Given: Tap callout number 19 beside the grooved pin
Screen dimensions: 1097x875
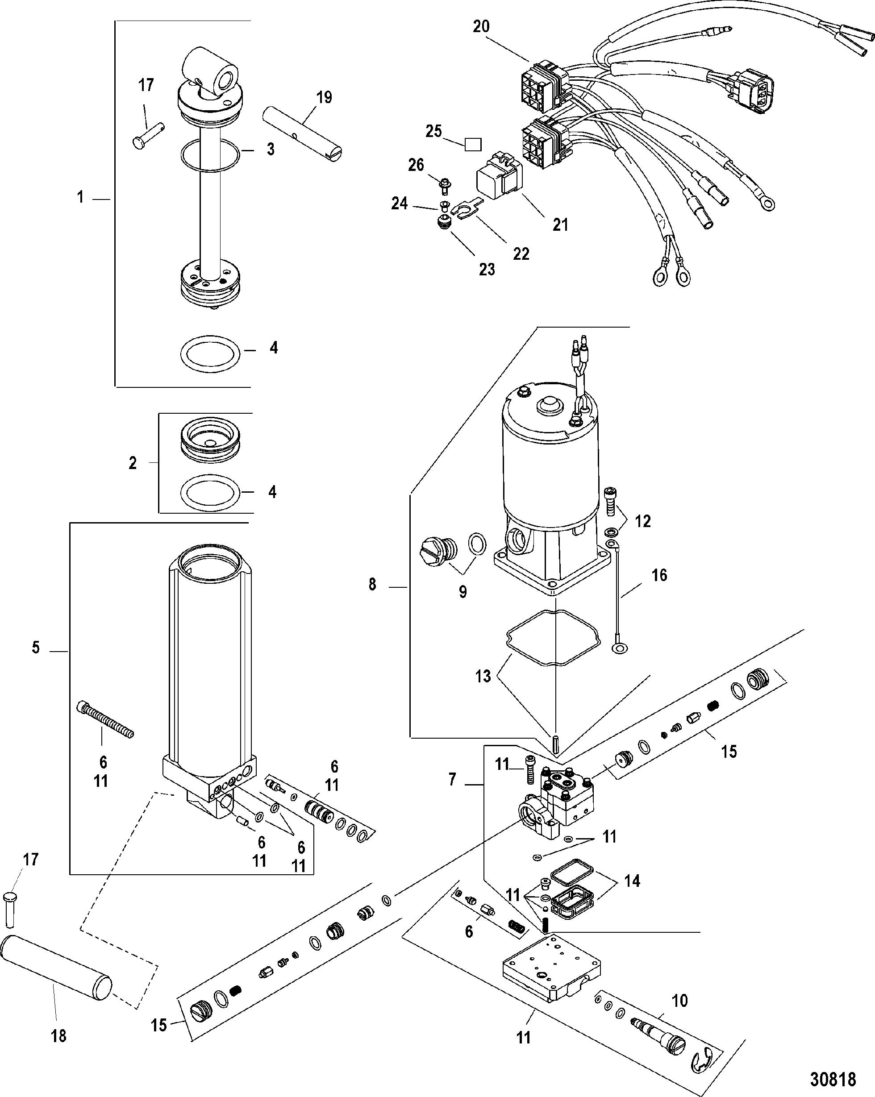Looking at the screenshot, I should point(324,97).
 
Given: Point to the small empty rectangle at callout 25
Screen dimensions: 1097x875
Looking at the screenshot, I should point(473,145).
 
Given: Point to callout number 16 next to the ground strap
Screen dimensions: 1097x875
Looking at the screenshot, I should point(659,575).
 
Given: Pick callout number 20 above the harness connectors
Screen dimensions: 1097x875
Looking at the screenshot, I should point(481,26).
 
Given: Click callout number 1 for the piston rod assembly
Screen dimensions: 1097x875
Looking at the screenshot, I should point(80,197).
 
